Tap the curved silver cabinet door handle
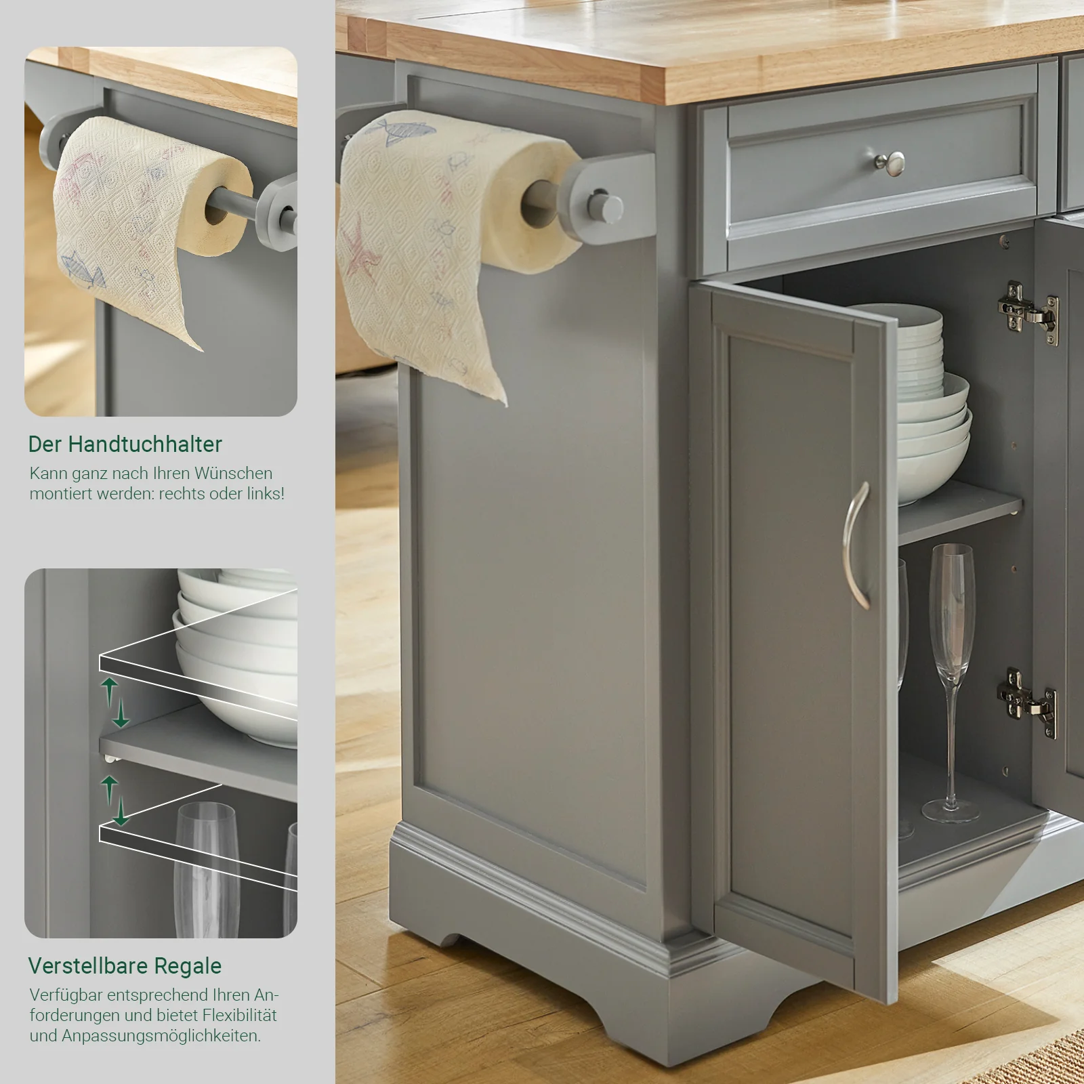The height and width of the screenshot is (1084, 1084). [856, 545]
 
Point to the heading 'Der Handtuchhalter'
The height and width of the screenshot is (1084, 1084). [125, 444]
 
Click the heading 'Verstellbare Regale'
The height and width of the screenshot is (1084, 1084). [125, 966]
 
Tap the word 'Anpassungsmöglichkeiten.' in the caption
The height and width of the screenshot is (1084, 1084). [161, 1036]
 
